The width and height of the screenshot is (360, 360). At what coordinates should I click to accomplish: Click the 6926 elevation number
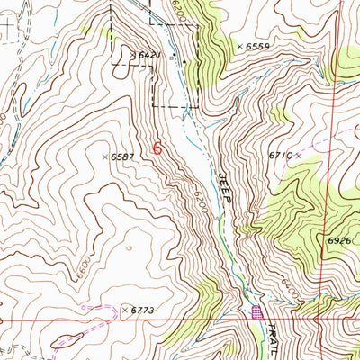(339, 241)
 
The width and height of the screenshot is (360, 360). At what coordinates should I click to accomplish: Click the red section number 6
(158, 148)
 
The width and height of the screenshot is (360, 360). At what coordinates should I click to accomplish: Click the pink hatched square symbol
(258, 312)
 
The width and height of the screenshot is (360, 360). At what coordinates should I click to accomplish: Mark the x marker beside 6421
(132, 55)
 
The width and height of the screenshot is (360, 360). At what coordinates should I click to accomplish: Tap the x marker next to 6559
(239, 45)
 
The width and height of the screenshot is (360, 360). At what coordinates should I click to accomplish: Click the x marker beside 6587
(105, 157)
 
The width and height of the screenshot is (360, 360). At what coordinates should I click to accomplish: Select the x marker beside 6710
(298, 155)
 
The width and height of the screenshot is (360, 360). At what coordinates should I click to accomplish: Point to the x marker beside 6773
(125, 310)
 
